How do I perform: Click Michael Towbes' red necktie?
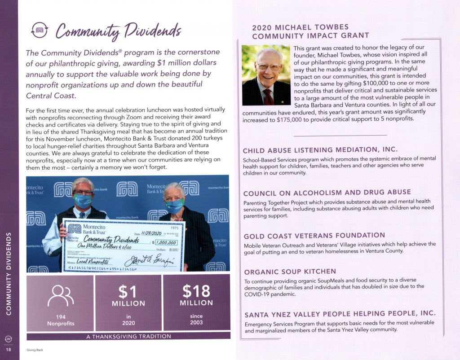point(268,96)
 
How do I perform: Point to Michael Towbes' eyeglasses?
point(269,67)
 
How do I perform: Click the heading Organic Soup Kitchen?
point(290,271)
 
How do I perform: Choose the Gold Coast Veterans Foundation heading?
point(314,236)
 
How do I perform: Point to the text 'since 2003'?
point(196,319)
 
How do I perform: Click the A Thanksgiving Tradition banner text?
point(128,336)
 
